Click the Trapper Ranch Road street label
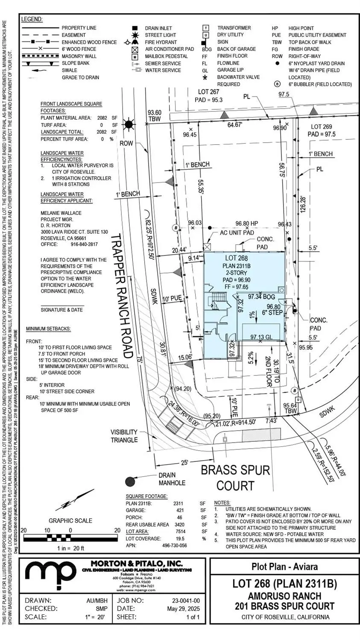click(x=122, y=296)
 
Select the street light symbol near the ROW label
click(x=129, y=125)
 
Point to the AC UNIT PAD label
click(x=237, y=232)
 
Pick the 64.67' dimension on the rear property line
click(x=234, y=125)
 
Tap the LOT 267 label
click(x=208, y=92)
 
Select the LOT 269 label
click(x=321, y=127)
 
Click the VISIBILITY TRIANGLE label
click(x=124, y=436)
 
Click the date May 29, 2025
click(x=183, y=608)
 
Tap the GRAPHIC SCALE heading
click(x=70, y=520)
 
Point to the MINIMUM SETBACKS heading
click(x=48, y=329)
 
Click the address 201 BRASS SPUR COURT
click(x=284, y=606)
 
